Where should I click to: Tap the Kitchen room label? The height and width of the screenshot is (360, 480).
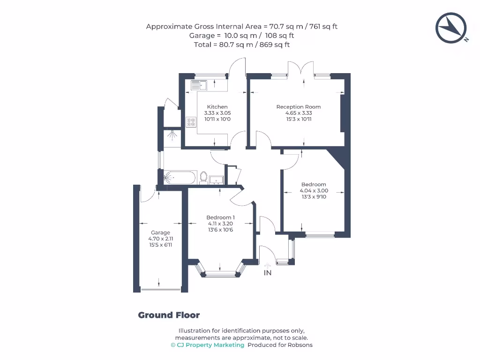217,107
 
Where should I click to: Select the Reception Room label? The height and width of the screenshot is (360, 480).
299,107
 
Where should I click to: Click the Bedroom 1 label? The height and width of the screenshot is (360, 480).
220,217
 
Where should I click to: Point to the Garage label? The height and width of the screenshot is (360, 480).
160,232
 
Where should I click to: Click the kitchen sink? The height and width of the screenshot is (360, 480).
199,85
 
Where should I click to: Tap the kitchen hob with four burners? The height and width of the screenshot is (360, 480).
191,122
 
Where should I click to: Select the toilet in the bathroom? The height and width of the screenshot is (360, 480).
203,177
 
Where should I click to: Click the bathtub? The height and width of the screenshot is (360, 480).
179,178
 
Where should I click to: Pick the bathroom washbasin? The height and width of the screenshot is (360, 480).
217,179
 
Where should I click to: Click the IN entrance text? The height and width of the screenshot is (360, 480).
268,273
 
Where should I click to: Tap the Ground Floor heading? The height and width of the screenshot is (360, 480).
169,315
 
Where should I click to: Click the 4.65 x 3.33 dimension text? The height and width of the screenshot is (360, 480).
299,113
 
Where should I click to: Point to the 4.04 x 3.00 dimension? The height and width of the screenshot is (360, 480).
314,191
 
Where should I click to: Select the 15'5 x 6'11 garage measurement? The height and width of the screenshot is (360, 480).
160,245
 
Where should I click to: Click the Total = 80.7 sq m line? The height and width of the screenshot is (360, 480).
242,45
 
